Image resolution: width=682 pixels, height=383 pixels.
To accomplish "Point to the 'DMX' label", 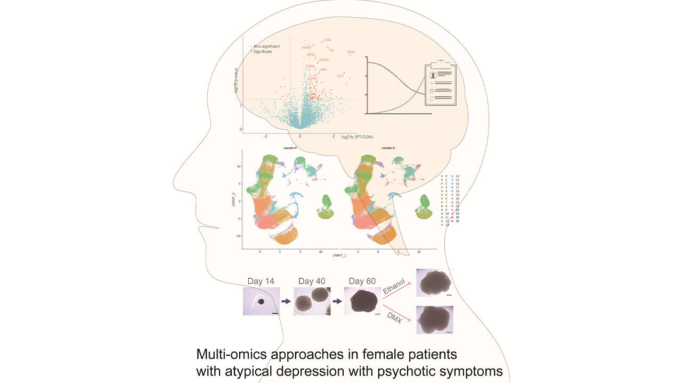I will pos(395,318).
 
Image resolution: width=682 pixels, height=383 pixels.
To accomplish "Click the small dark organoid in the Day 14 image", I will pos(261,302).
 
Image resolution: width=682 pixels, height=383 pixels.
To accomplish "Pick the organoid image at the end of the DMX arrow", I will pos(434,320).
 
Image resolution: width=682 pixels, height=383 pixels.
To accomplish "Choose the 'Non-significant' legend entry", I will pos(266,46).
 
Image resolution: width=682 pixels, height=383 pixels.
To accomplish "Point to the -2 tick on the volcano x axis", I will pos(266,136).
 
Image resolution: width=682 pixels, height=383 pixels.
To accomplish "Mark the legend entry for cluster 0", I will pos(445,176).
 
